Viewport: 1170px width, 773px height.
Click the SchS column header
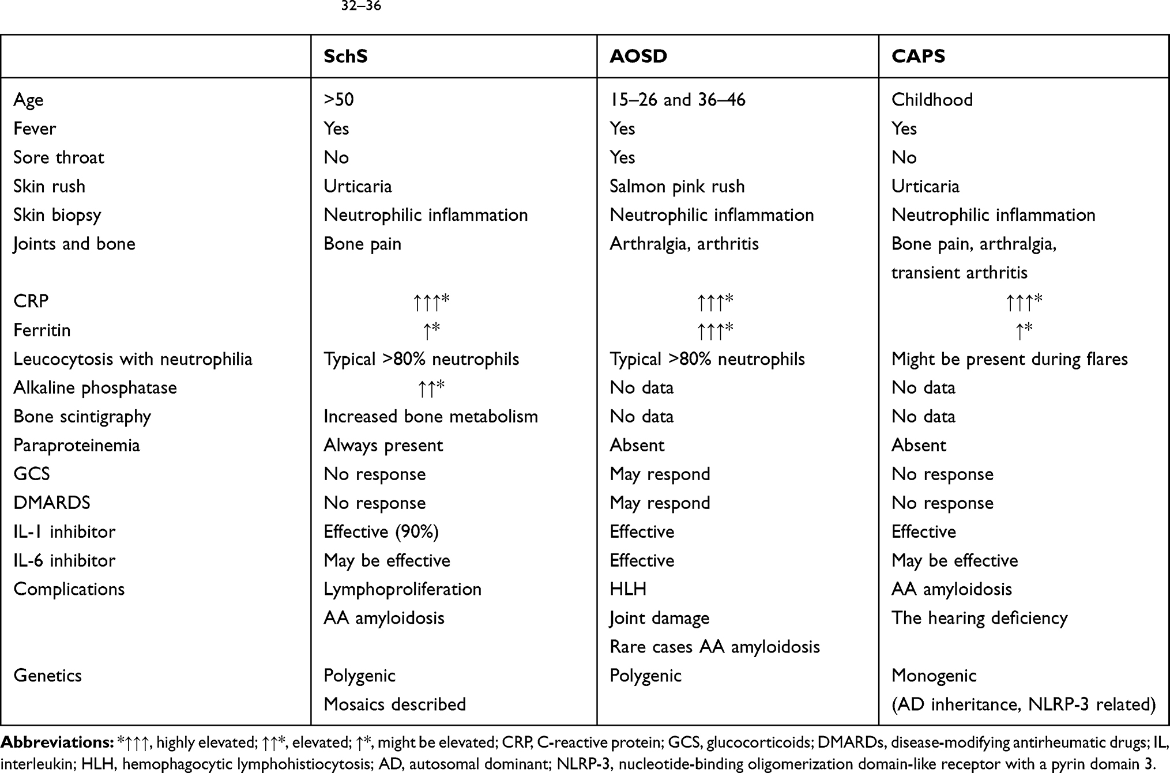point(345,56)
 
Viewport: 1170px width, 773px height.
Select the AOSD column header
point(638,56)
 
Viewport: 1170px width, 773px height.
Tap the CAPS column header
point(918,56)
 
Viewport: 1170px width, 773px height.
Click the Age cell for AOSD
point(677,100)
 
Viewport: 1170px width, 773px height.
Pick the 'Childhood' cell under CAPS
point(932,100)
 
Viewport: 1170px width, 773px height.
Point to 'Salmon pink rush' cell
point(677,186)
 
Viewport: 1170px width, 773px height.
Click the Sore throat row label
point(59,157)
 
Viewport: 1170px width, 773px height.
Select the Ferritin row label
point(42,330)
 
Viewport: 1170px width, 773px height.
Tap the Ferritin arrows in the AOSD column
point(714,330)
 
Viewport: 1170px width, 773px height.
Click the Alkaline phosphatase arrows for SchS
point(431,388)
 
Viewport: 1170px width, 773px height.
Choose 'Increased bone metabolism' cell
point(430,416)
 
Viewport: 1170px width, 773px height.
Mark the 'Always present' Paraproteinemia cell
point(383,445)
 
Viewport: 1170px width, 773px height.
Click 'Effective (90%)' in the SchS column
point(381,531)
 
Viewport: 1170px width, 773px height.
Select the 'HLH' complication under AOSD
point(628,589)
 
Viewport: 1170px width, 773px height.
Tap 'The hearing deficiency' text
point(979,618)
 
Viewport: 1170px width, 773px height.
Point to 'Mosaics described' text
point(394,704)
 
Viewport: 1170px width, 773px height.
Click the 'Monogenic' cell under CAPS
point(934,676)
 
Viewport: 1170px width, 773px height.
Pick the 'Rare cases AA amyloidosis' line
point(714,647)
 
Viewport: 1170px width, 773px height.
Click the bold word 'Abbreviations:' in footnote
point(57,742)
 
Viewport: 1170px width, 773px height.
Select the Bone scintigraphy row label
point(82,416)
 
